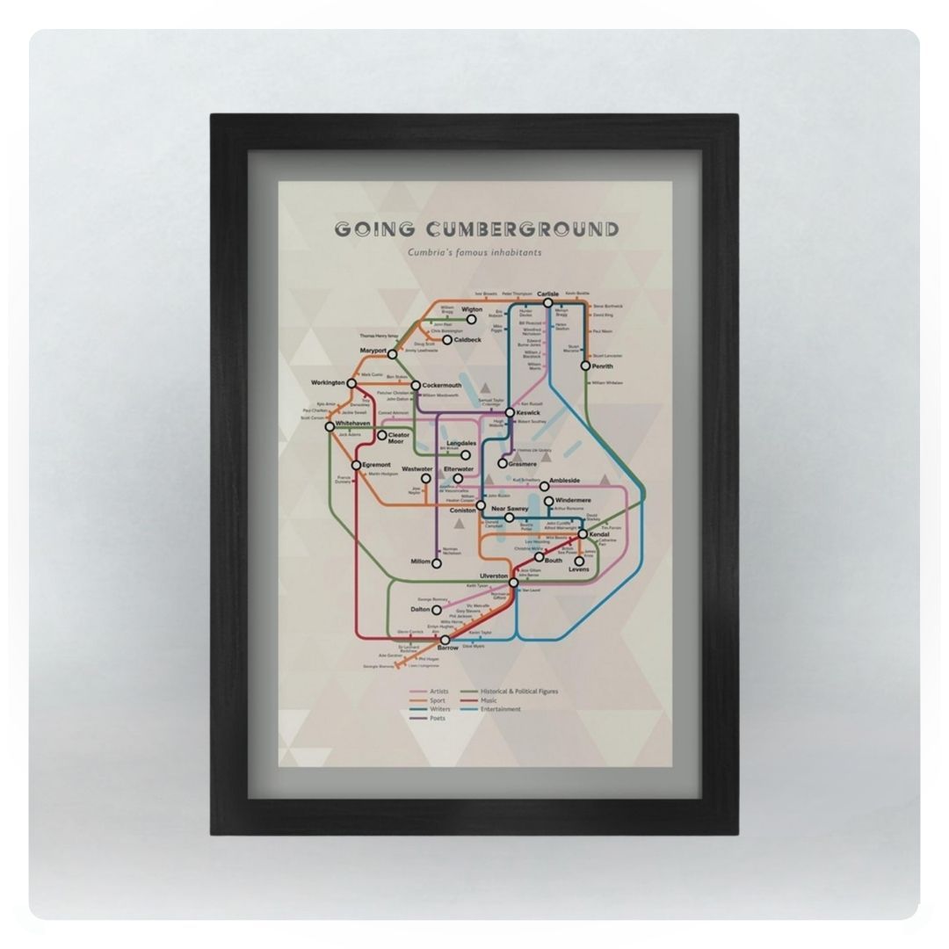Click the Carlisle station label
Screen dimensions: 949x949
[547, 293]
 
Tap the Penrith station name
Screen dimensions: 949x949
[602, 366]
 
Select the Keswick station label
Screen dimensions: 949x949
[528, 412]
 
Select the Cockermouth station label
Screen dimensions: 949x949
[441, 385]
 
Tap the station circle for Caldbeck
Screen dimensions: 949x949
[446, 340]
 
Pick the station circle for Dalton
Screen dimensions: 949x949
[437, 610]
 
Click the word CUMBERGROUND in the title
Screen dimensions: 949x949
[522, 230]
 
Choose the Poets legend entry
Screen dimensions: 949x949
[438, 718]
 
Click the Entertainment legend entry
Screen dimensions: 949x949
[501, 709]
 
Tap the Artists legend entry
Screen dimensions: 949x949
[439, 692]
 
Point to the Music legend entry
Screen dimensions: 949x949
[489, 700]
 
